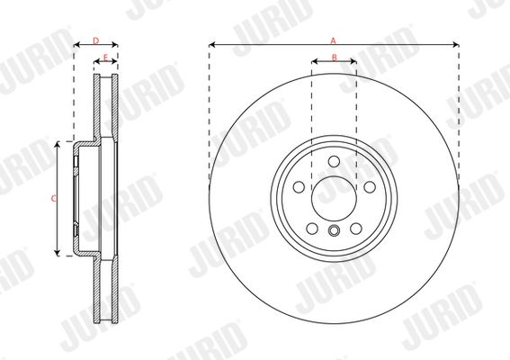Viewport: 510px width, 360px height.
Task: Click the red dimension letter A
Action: (333, 40)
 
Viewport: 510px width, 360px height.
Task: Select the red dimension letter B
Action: (335, 58)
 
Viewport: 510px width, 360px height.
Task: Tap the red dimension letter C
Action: (54, 198)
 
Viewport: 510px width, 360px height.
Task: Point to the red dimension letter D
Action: (95, 40)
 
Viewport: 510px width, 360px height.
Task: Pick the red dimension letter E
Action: (105, 58)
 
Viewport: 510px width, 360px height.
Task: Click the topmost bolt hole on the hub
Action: (334, 161)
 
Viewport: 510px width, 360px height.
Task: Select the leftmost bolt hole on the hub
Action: (299, 187)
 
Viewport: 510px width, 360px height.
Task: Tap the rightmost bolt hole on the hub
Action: (370, 187)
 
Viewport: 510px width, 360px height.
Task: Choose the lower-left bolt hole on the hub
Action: (312, 229)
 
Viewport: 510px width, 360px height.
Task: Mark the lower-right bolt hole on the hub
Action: (356, 229)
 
